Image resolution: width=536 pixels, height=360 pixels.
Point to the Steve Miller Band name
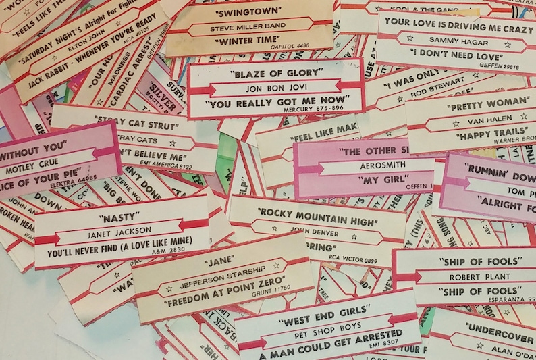[x=248, y=28]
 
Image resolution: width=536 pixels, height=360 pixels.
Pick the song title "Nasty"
[x=119, y=218]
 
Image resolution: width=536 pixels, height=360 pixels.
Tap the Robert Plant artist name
[x=478, y=276]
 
